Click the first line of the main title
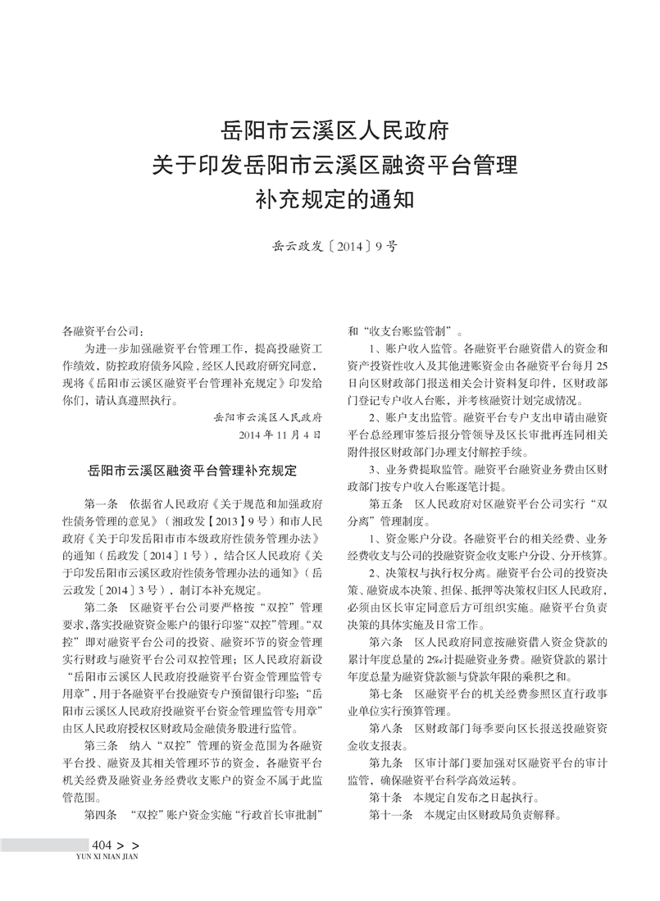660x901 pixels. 334,130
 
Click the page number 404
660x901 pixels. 102,845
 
